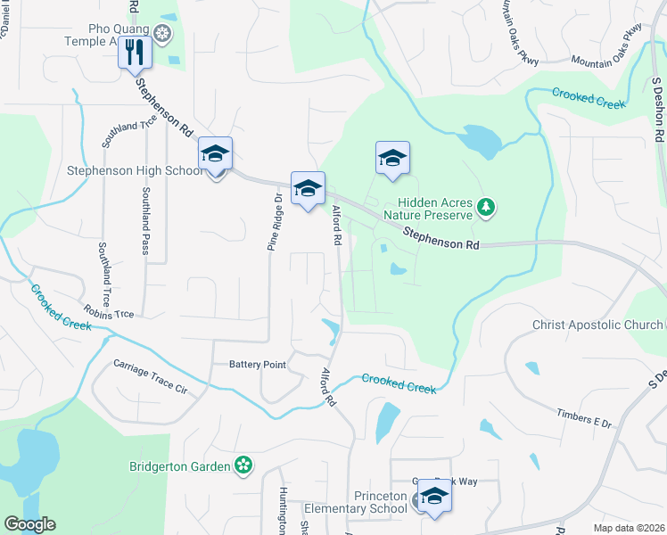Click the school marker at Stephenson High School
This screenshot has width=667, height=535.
click(215, 155)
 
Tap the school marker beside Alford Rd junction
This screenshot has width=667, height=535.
click(308, 189)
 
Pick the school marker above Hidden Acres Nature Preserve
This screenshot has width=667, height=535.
click(392, 159)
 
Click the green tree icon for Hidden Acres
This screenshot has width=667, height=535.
click(486, 208)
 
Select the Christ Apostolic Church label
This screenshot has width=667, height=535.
click(597, 325)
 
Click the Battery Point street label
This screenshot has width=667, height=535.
click(257, 364)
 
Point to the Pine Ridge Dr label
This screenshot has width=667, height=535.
click(276, 221)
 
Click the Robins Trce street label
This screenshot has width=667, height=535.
click(108, 313)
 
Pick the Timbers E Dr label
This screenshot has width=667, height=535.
click(583, 419)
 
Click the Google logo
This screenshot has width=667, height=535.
click(29, 524)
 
